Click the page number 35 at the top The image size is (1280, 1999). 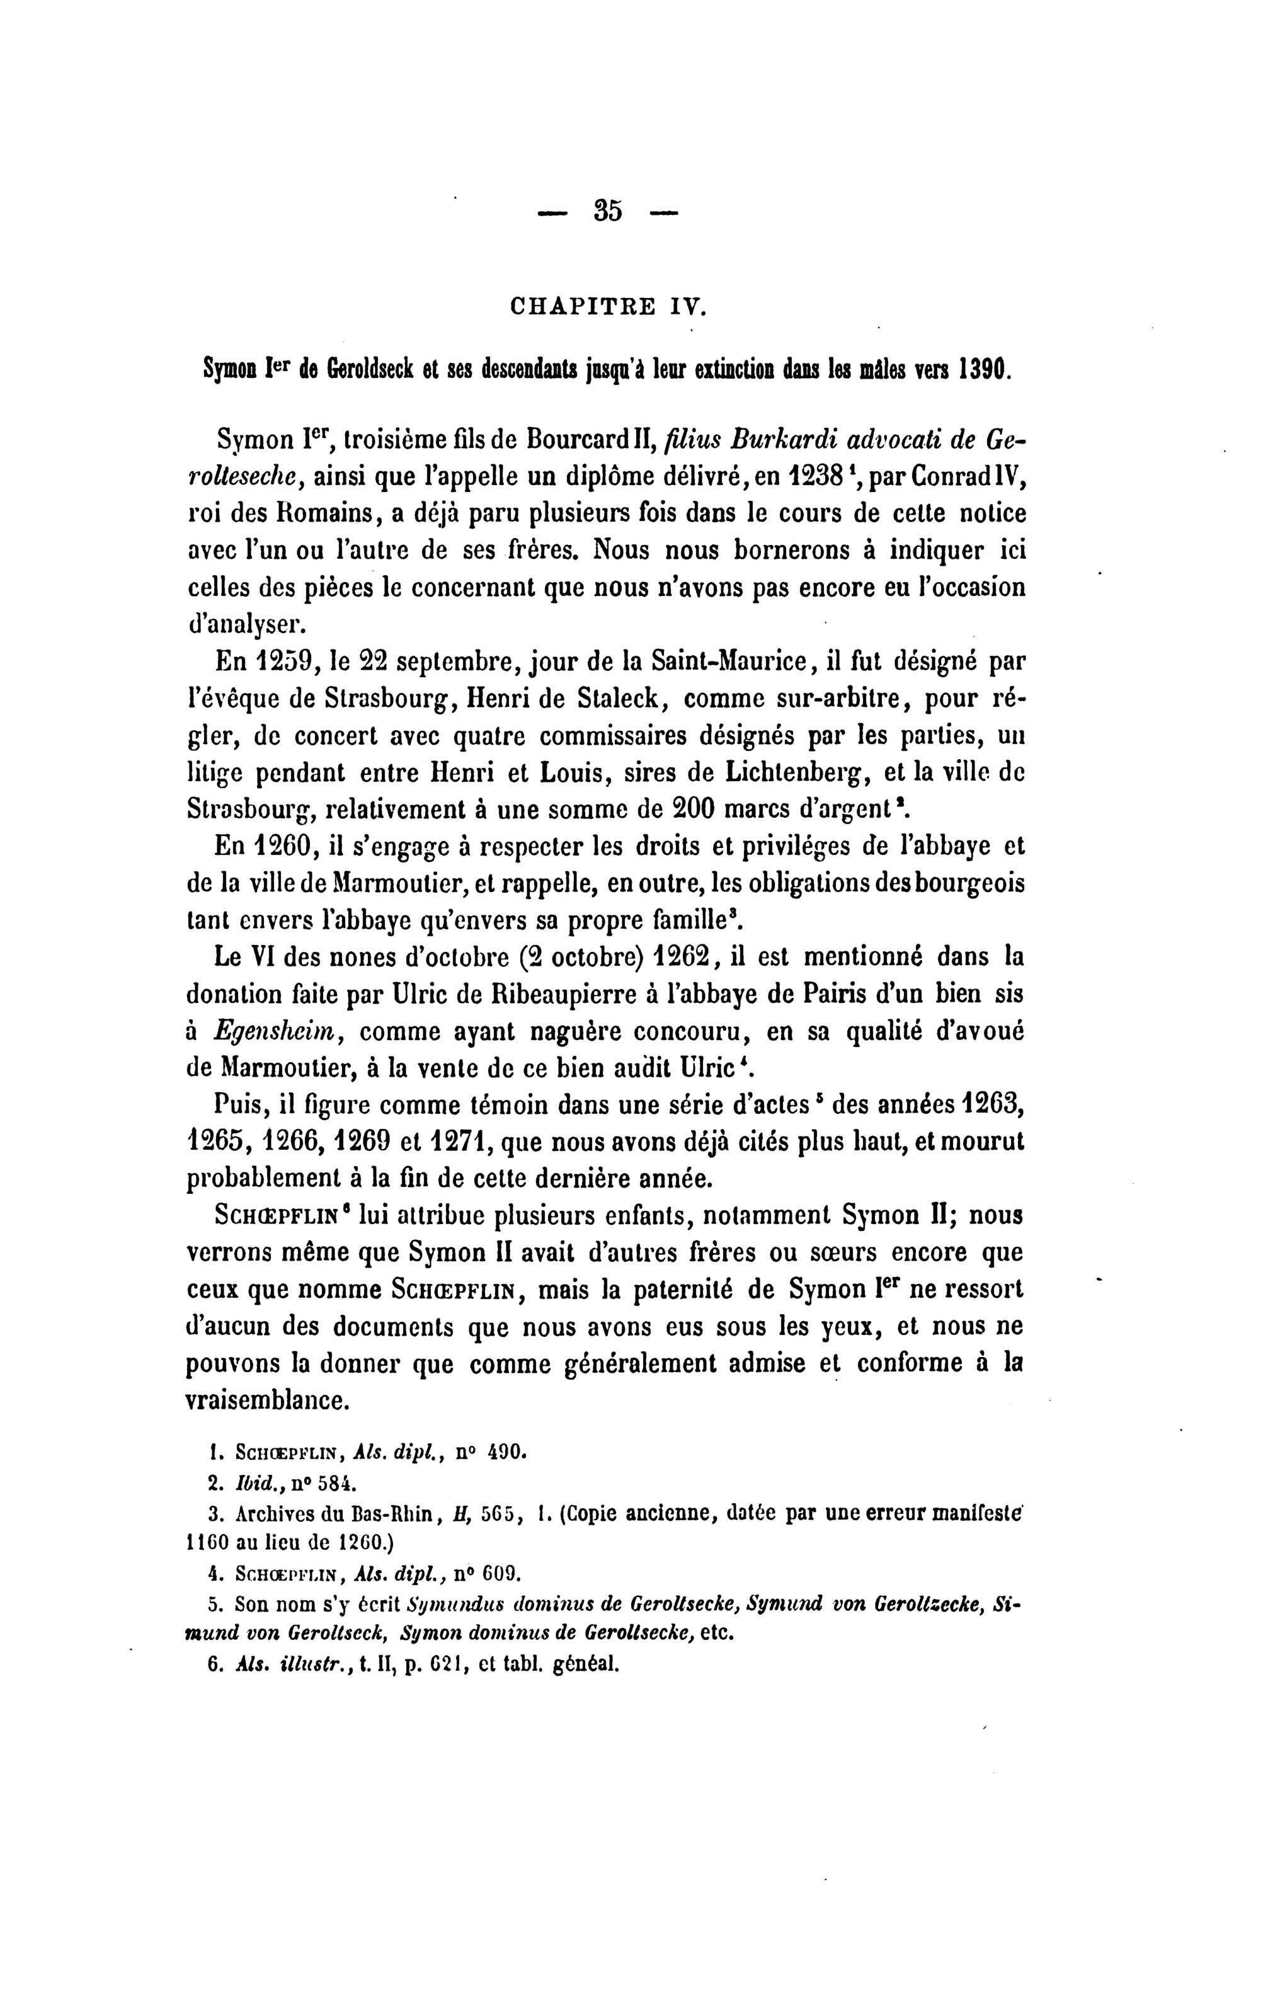[608, 211]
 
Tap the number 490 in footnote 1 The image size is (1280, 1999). [507, 1455]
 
